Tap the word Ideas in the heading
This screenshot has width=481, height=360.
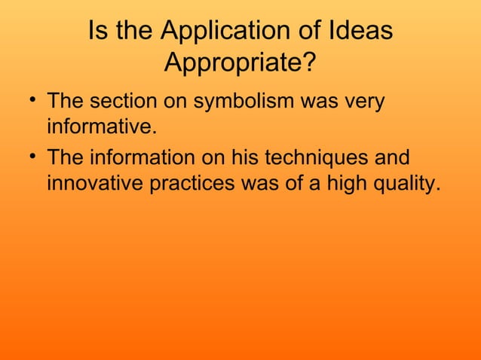pyautogui.click(x=364, y=32)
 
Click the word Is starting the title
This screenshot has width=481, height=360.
pyautogui.click(x=97, y=32)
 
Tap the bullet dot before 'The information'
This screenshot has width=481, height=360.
pyautogui.click(x=29, y=158)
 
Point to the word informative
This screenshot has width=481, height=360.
pyautogui.click(x=102, y=126)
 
